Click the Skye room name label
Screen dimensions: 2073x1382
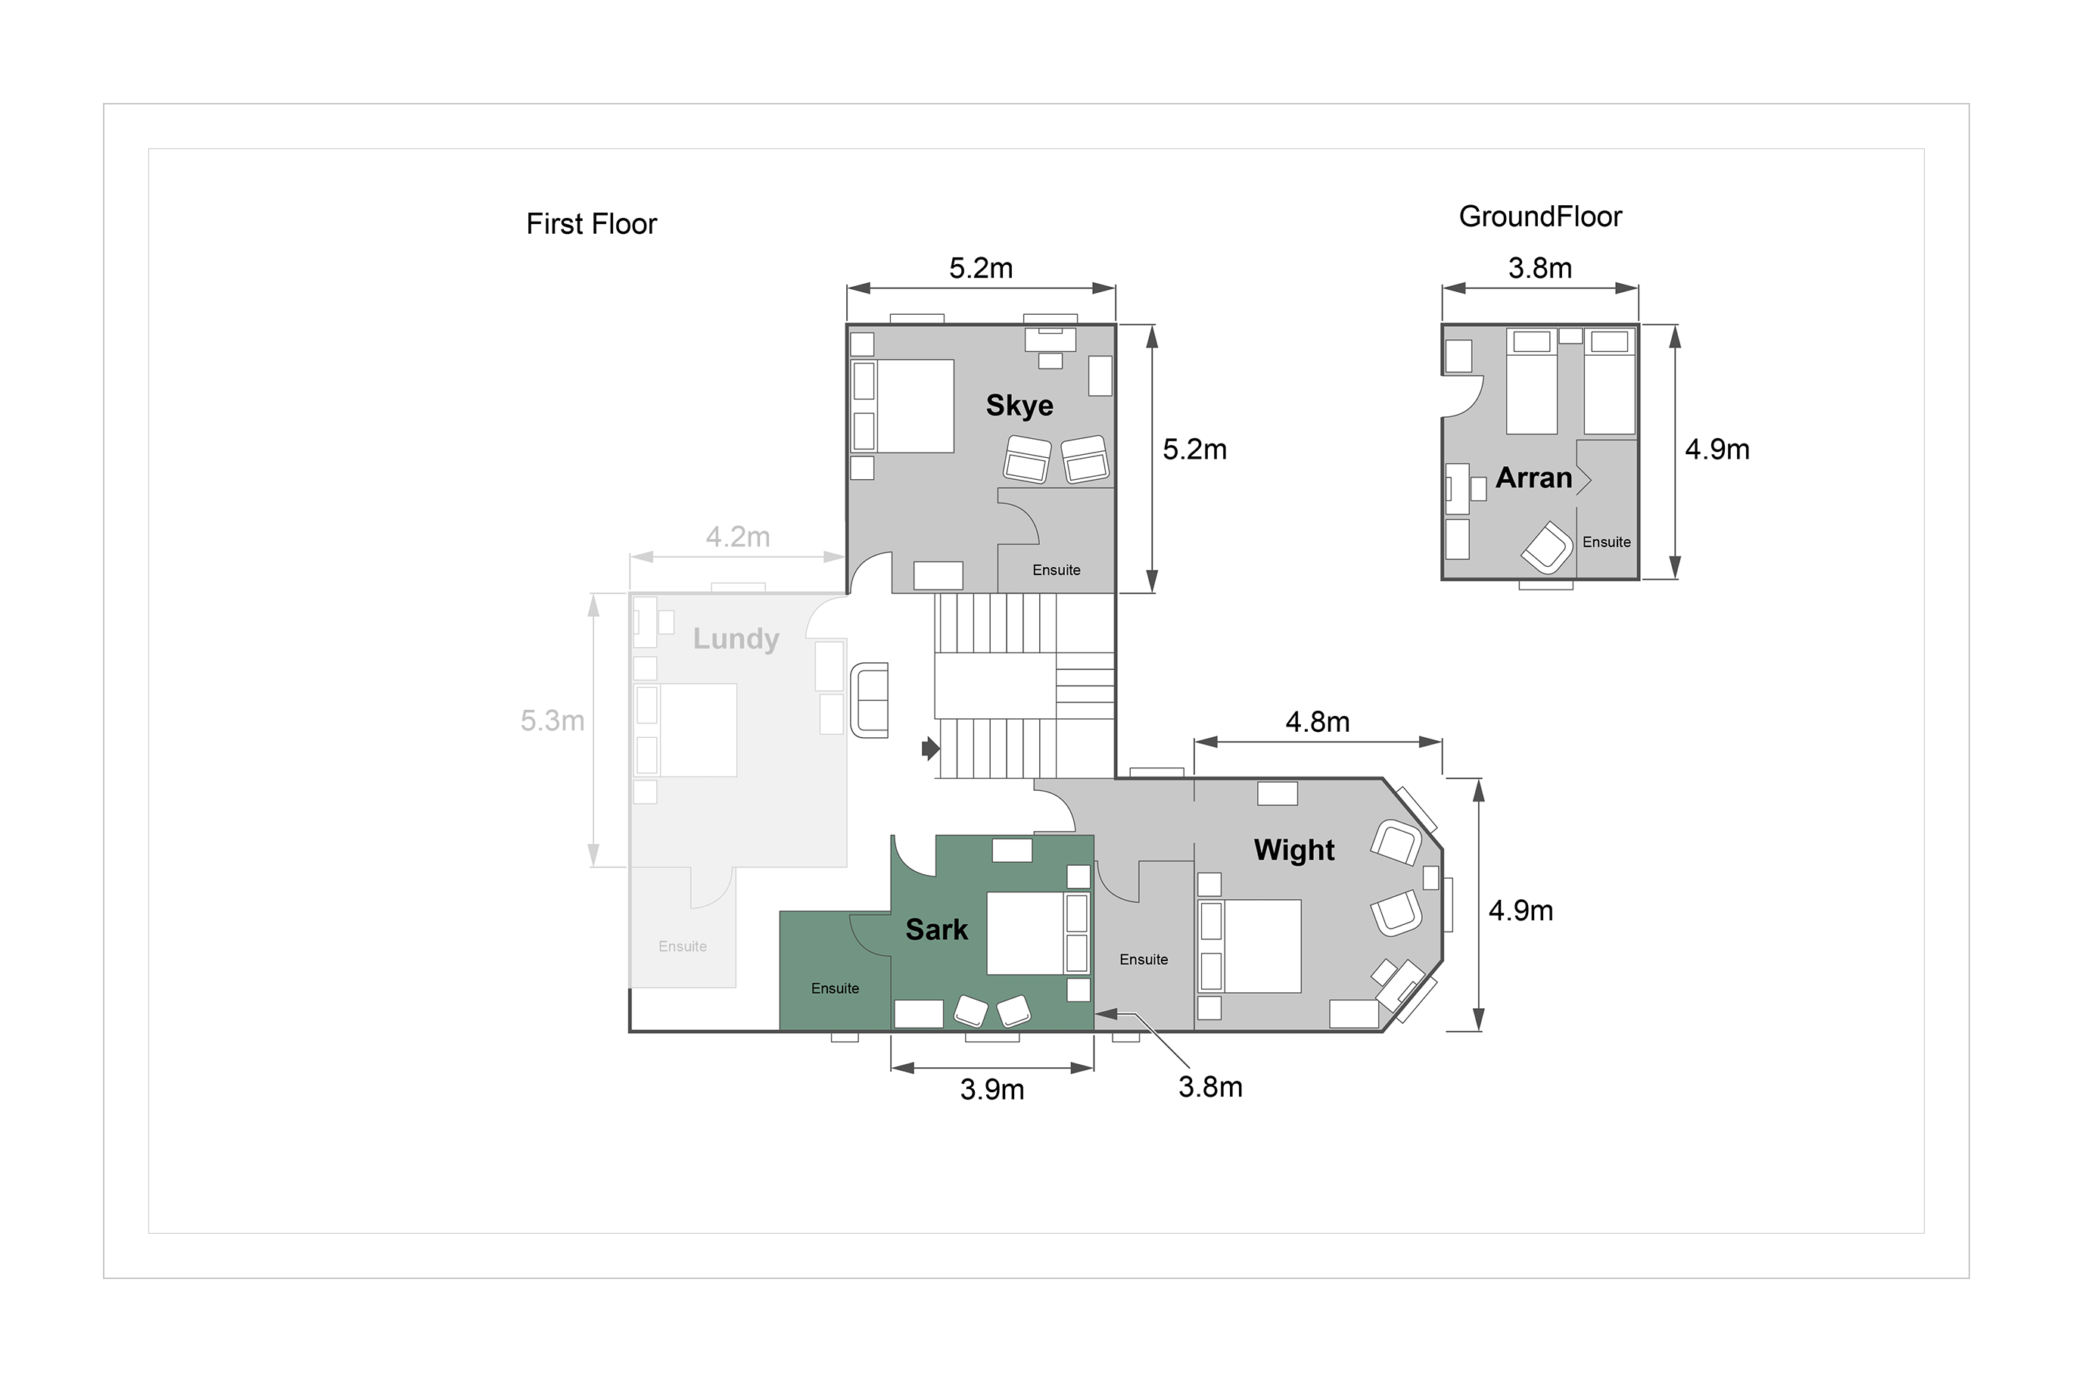tap(1019, 406)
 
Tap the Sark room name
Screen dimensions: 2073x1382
tap(937, 930)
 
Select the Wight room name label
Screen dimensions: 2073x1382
tap(1294, 850)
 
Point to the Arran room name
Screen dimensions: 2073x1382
tap(1533, 478)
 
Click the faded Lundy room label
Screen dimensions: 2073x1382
tap(736, 638)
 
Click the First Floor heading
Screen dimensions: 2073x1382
tap(591, 224)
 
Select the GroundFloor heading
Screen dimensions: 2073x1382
tap(1541, 216)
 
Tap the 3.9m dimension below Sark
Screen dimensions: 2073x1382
tap(992, 1091)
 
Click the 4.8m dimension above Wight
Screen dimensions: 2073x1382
tap(1318, 723)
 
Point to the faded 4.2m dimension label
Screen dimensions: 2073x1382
tap(738, 537)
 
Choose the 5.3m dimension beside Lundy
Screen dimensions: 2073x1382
tap(552, 721)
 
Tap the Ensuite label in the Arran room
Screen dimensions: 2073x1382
tap(1607, 542)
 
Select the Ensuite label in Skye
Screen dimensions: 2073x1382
tap(1057, 570)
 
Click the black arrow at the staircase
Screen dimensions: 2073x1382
tap(931, 749)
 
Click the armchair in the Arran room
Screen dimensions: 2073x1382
tap(1547, 547)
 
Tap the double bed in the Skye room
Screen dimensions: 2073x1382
tap(902, 406)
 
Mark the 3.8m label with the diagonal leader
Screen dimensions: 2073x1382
tap(1210, 1088)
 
